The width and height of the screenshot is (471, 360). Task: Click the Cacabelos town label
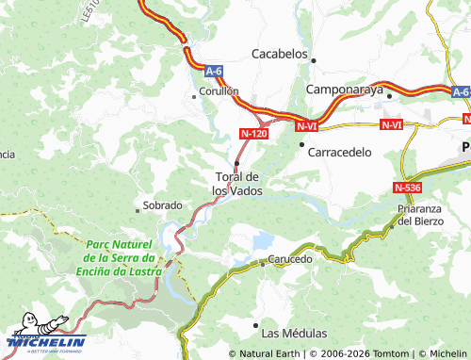(280, 54)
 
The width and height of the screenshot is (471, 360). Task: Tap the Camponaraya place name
(346, 90)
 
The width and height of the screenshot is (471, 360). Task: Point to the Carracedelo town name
(342, 151)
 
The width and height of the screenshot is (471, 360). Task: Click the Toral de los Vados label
(236, 183)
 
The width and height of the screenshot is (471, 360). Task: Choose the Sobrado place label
(161, 205)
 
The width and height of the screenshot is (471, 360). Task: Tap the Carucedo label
(289, 258)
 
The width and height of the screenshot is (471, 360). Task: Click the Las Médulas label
(294, 334)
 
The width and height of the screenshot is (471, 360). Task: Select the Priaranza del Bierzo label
(418, 215)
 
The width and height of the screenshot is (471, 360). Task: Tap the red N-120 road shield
(254, 134)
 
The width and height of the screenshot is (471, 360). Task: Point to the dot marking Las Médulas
(255, 325)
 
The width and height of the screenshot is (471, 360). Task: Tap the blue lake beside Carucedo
(263, 241)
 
